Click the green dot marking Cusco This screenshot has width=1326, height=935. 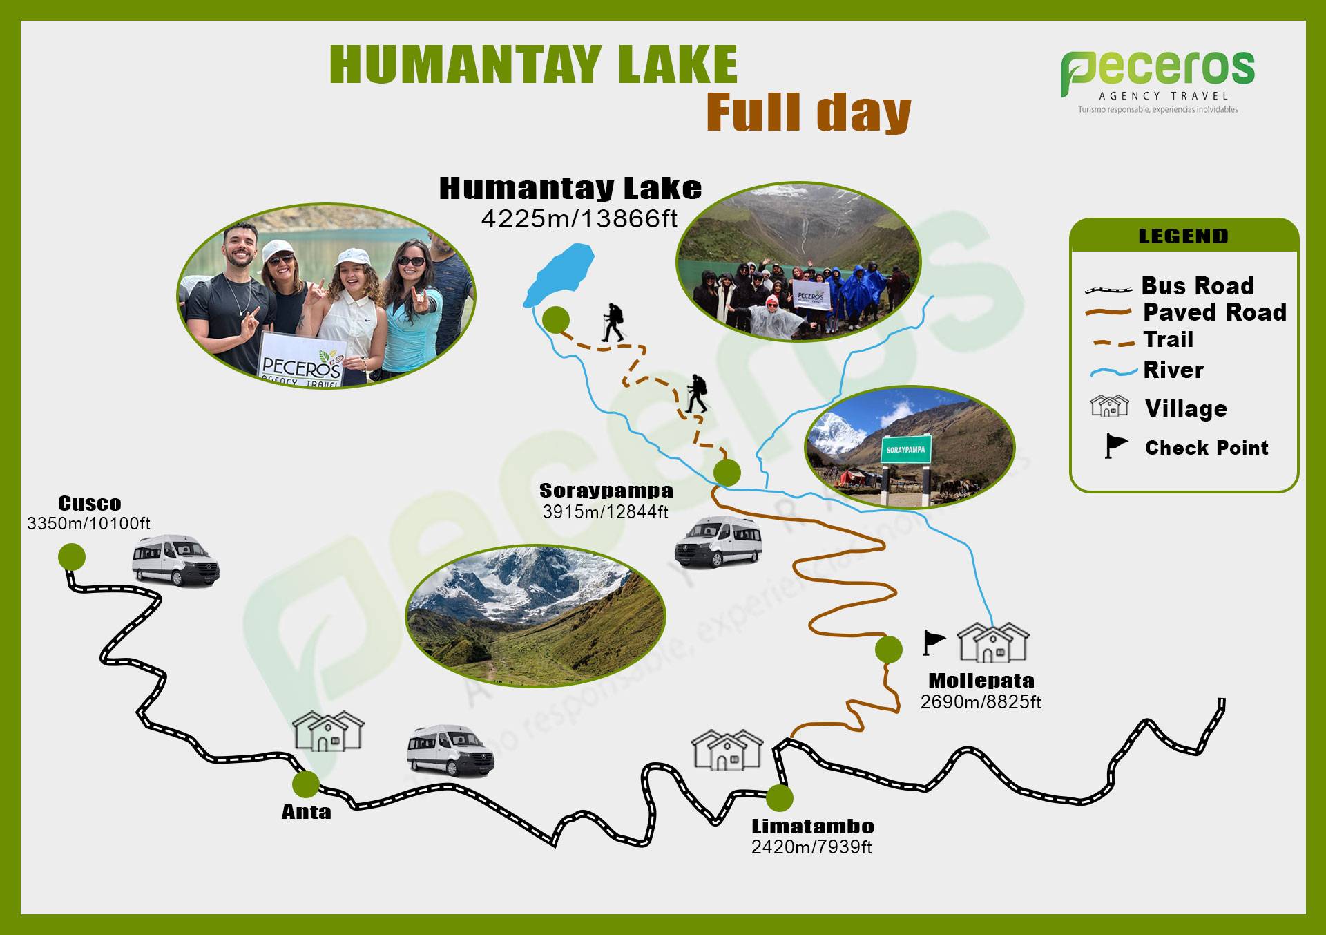point(72,556)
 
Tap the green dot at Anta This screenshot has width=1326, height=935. point(305,784)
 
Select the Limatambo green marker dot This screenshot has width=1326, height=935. point(779,798)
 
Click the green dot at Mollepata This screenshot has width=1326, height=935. point(888,650)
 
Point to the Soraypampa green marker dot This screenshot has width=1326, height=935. point(727,473)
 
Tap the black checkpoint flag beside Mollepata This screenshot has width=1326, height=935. point(933,643)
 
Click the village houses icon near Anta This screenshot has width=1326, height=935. point(328,731)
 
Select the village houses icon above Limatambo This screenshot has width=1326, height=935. point(727,750)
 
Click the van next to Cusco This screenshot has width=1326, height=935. point(175,560)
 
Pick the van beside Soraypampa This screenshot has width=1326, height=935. point(718,541)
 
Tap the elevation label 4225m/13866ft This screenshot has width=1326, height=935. point(579,219)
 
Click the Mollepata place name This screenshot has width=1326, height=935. point(981,681)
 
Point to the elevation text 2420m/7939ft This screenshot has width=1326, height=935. point(811,847)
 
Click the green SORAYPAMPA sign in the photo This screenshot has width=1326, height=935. point(906,450)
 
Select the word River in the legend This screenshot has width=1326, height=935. point(1173,370)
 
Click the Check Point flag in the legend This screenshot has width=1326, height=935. point(1116,446)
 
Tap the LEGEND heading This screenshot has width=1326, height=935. point(1184,236)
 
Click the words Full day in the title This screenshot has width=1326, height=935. point(809,112)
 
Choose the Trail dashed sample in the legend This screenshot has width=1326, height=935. point(1111,341)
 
